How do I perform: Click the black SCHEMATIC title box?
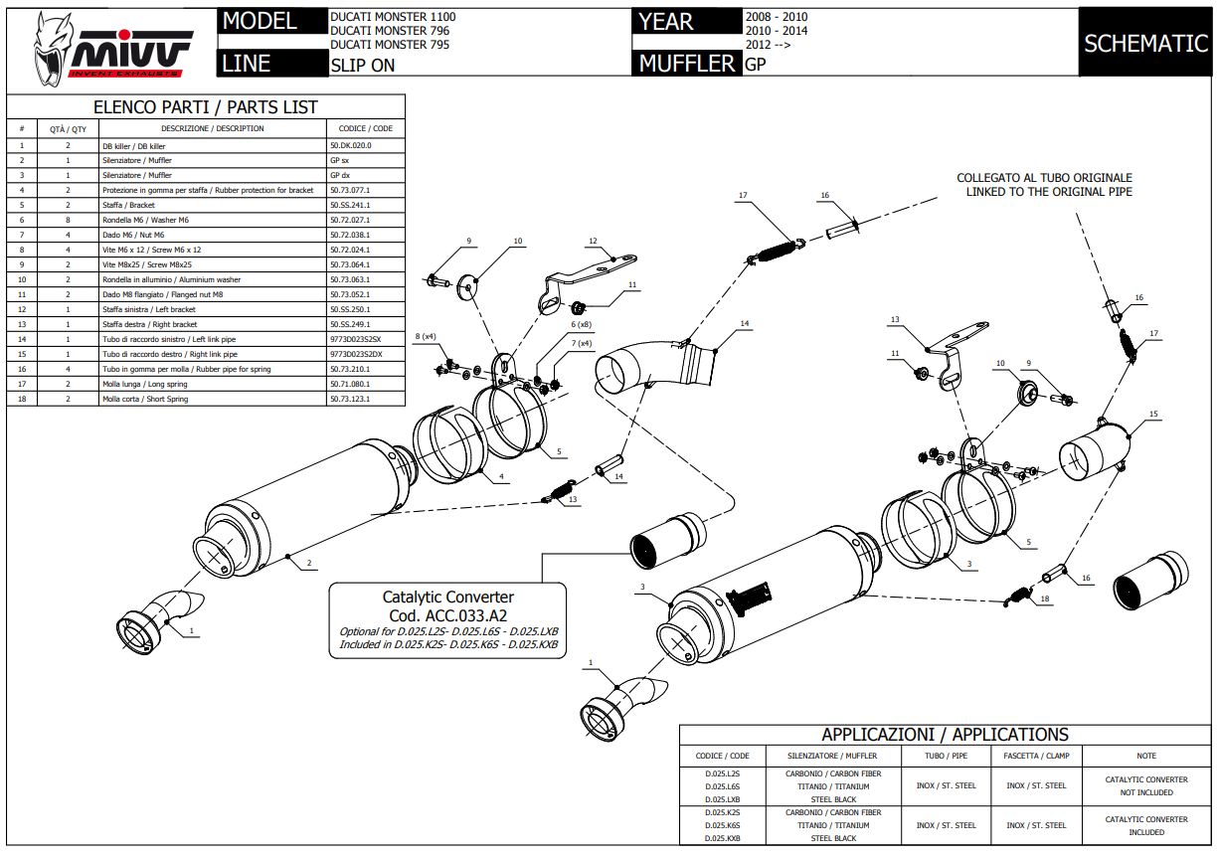click(1145, 43)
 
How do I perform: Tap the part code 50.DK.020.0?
click(350, 145)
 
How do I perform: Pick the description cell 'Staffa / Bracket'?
click(129, 205)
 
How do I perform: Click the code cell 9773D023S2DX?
click(356, 354)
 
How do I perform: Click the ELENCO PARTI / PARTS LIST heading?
click(206, 107)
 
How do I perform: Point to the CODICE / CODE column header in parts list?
click(366, 128)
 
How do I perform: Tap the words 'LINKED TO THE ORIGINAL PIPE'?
click(1049, 192)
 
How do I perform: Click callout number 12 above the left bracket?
click(592, 241)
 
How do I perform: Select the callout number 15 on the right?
click(1153, 414)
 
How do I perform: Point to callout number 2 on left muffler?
click(309, 564)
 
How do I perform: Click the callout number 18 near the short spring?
click(1044, 599)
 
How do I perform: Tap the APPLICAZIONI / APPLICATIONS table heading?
click(945, 735)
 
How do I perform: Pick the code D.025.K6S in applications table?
click(723, 825)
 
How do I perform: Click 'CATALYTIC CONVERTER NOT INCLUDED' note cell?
click(1146, 786)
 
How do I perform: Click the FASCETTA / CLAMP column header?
click(1036, 756)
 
